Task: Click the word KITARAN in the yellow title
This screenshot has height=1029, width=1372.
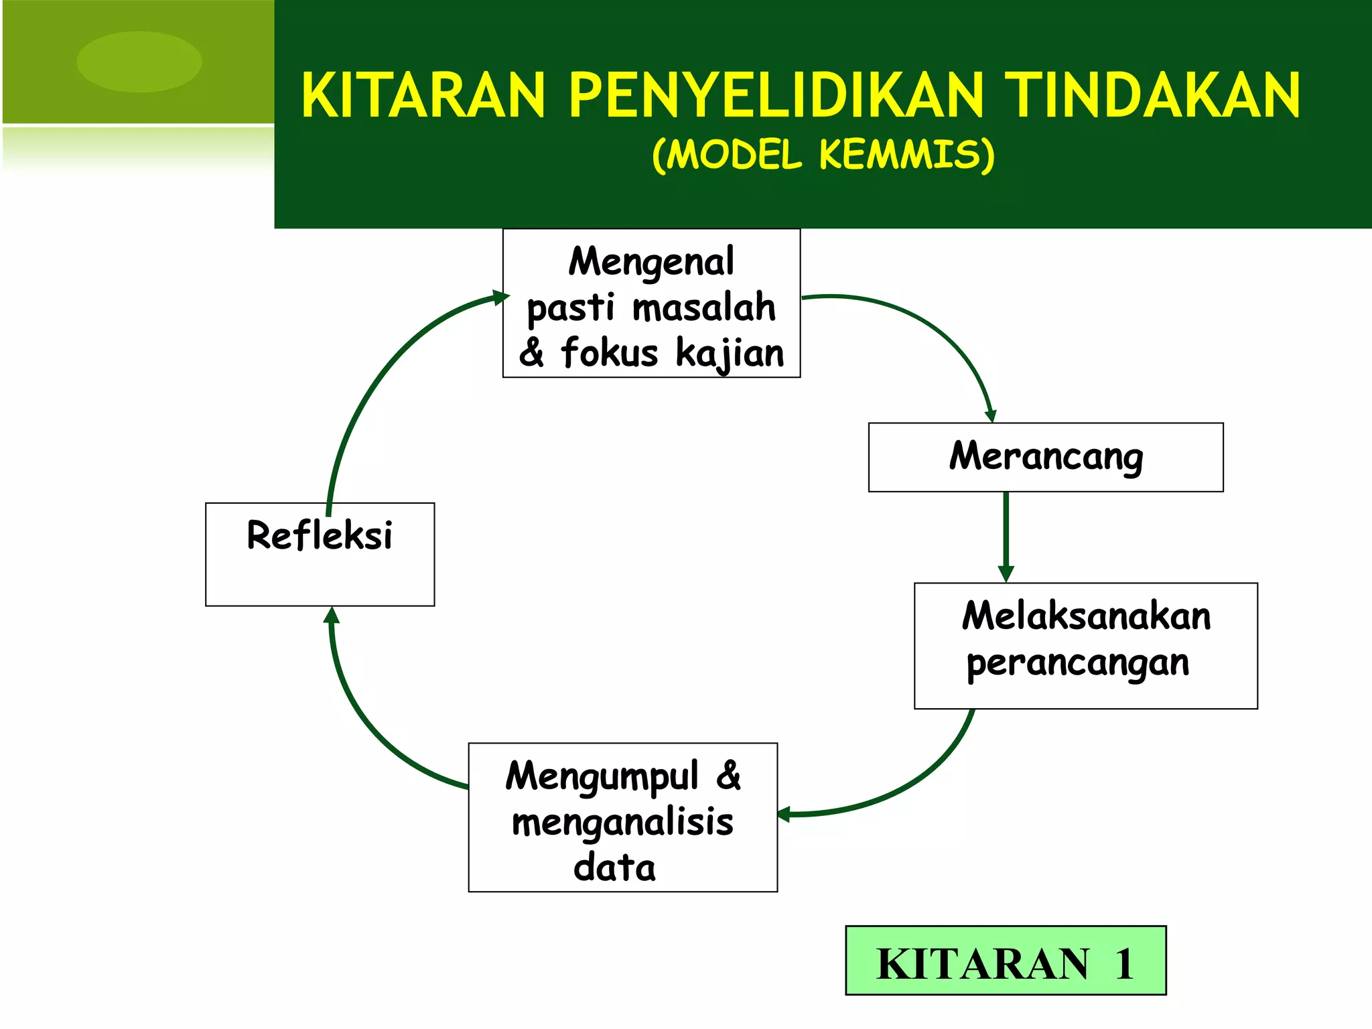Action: (x=423, y=96)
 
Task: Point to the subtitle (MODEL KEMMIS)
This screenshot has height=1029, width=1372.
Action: (x=823, y=155)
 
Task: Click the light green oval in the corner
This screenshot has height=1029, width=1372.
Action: (x=139, y=62)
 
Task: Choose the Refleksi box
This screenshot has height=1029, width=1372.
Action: (x=320, y=554)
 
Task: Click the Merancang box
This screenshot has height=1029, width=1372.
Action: (x=1045, y=457)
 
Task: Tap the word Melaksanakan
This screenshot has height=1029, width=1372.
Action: (x=1086, y=616)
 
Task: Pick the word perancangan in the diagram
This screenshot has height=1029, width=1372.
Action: (x=1077, y=664)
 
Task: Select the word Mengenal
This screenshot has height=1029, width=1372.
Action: (x=651, y=261)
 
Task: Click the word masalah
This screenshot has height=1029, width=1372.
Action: (x=703, y=308)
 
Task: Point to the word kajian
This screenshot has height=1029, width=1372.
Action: (x=730, y=353)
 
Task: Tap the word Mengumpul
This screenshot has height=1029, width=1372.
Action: (x=602, y=777)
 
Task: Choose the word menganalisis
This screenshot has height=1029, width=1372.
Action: (x=622, y=823)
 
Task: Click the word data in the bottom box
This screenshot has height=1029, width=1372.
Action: (x=614, y=868)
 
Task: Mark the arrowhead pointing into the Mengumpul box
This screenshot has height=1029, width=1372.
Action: (x=784, y=814)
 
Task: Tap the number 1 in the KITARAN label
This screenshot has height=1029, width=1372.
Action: (x=1123, y=964)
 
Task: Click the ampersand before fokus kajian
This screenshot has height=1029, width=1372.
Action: (x=531, y=353)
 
